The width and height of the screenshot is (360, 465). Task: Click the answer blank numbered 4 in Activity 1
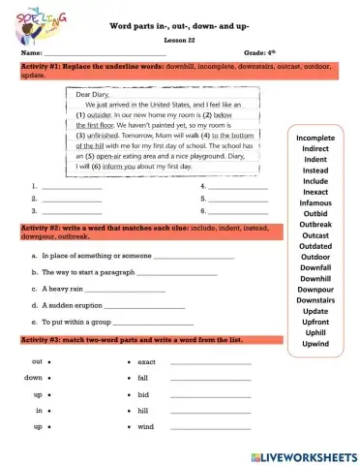[237, 185]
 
